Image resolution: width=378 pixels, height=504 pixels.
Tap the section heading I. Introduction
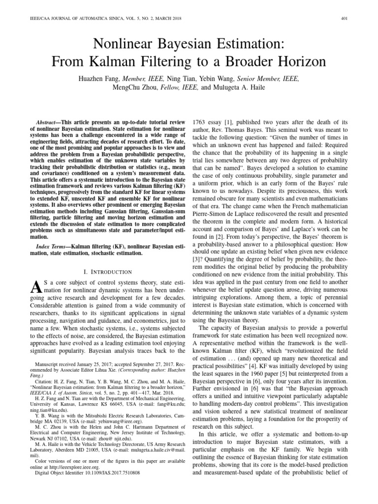tap(108, 272)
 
